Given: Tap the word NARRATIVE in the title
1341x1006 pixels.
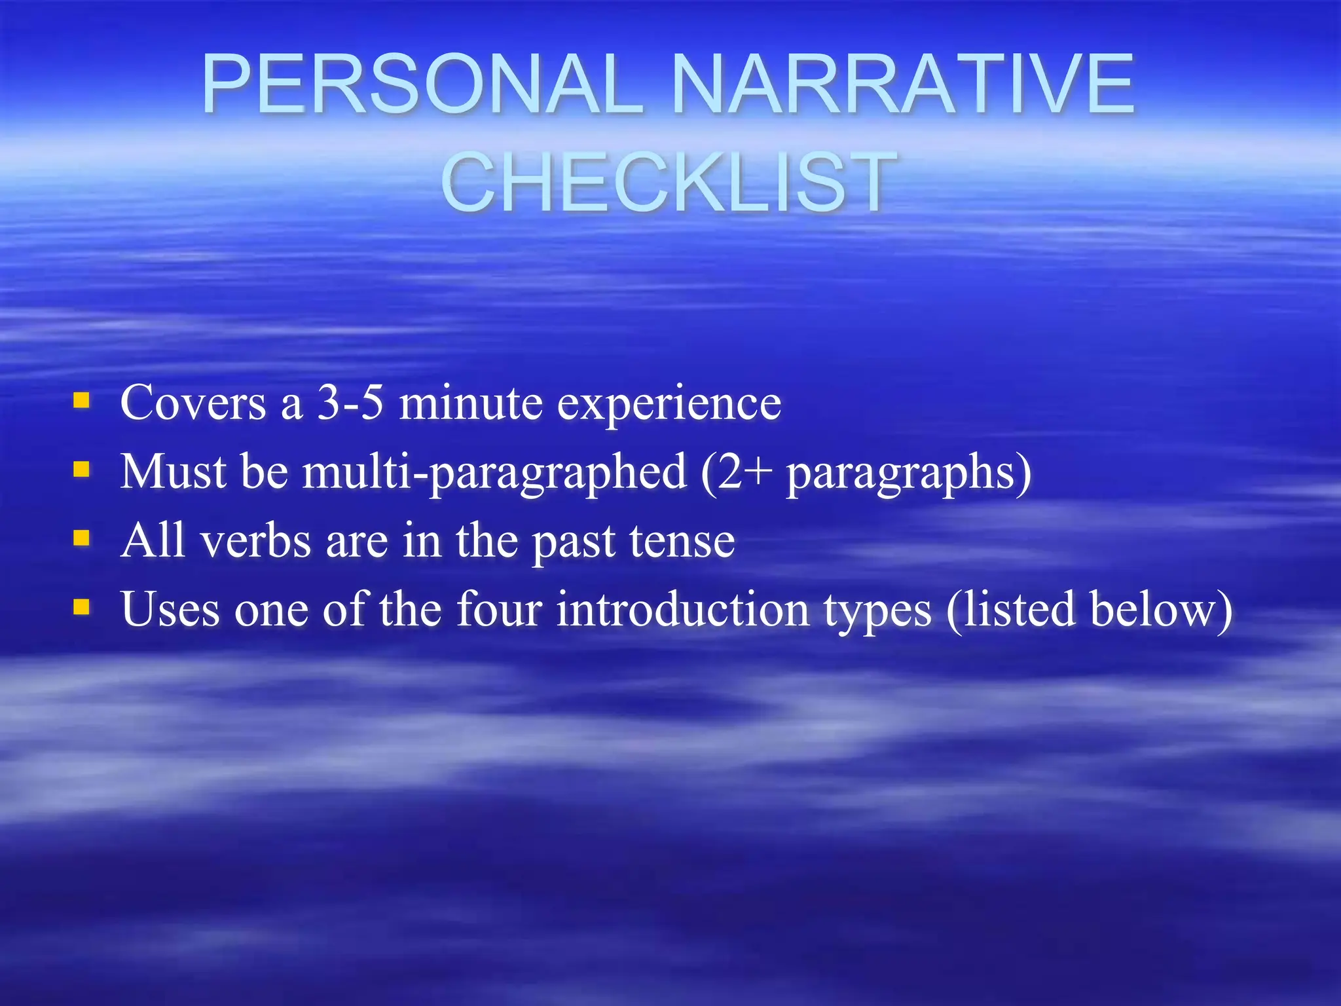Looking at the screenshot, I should [x=904, y=85].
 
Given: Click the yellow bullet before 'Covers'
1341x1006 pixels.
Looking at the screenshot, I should [x=81, y=400].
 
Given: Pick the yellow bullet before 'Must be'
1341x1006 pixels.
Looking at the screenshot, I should [x=81, y=469].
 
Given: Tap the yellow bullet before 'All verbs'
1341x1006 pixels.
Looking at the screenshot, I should [x=81, y=538].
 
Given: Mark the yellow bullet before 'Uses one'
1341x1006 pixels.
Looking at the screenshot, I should [x=81, y=607].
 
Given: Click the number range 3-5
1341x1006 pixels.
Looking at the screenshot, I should [x=350, y=402].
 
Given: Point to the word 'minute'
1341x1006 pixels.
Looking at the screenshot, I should [x=471, y=402].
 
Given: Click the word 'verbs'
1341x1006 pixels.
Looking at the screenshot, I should [x=256, y=541].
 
